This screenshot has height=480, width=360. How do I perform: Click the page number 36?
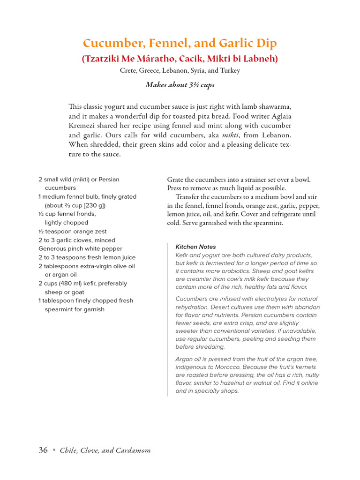pos(43,450)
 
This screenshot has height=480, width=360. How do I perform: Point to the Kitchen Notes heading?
pos(195,247)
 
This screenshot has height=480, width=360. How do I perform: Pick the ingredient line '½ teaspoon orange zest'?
pos(72,232)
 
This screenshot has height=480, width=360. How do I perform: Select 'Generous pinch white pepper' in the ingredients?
pos(80,249)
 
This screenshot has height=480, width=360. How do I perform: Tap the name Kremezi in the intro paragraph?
pos(84,126)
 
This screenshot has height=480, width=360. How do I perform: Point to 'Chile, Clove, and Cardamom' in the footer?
pos(105,451)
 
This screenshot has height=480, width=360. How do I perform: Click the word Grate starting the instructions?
pos(177,180)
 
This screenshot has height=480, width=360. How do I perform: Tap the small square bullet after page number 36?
pos(54,450)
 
